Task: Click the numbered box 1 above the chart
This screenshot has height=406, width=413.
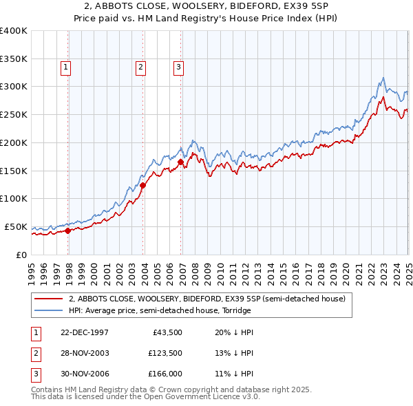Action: (x=65, y=67)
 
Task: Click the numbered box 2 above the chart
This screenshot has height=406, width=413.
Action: (x=140, y=67)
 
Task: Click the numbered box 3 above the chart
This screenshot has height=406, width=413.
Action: (x=178, y=67)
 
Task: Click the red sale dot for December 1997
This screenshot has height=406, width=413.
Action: (x=68, y=231)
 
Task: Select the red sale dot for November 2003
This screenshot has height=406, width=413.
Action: (x=143, y=185)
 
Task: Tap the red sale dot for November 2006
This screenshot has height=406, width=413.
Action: (x=181, y=162)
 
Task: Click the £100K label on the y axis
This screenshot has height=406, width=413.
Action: (x=14, y=198)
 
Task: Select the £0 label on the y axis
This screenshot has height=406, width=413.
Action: (x=21, y=255)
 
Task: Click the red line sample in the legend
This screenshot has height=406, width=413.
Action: (x=49, y=299)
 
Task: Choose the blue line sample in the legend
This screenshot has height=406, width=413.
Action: (x=49, y=310)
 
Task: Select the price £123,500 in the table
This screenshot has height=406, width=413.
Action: (x=165, y=353)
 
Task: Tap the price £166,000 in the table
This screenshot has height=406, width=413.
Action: (x=165, y=374)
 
